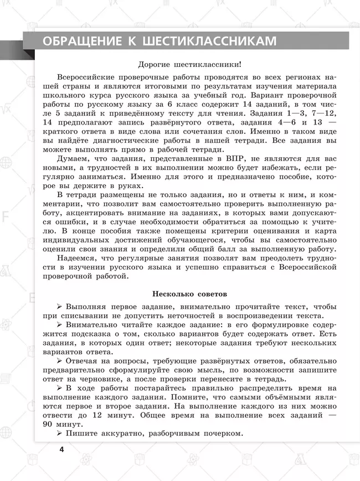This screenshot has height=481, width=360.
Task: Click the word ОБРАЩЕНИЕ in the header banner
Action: pos(81,42)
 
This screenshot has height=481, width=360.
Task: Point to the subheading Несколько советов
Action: pos(189,293)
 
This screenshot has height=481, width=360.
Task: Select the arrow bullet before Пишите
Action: pos(59,435)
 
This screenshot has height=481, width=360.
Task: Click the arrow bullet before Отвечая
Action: pos(59,359)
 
